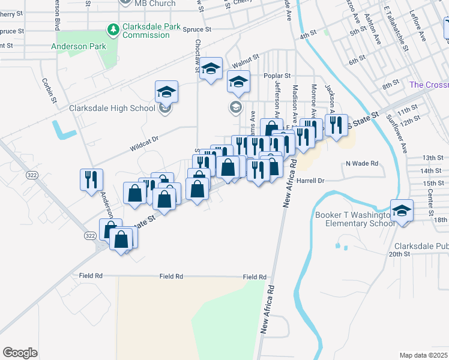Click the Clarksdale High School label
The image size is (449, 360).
(112, 109)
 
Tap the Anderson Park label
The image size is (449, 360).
(79, 46)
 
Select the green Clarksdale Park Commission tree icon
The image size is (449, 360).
(112, 29)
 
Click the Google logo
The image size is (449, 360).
(20, 352)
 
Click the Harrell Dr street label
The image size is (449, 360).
(310, 180)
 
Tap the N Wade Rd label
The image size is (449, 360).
(361, 163)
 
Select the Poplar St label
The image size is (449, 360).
(278, 76)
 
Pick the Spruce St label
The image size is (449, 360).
(198, 29)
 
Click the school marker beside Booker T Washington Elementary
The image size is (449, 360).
(402, 211)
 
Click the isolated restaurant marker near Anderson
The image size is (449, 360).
(91, 179)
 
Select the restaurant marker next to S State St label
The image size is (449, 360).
(336, 125)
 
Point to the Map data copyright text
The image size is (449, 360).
(424, 355)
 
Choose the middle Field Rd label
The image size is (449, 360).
(171, 277)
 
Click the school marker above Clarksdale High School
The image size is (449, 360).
(166, 92)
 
